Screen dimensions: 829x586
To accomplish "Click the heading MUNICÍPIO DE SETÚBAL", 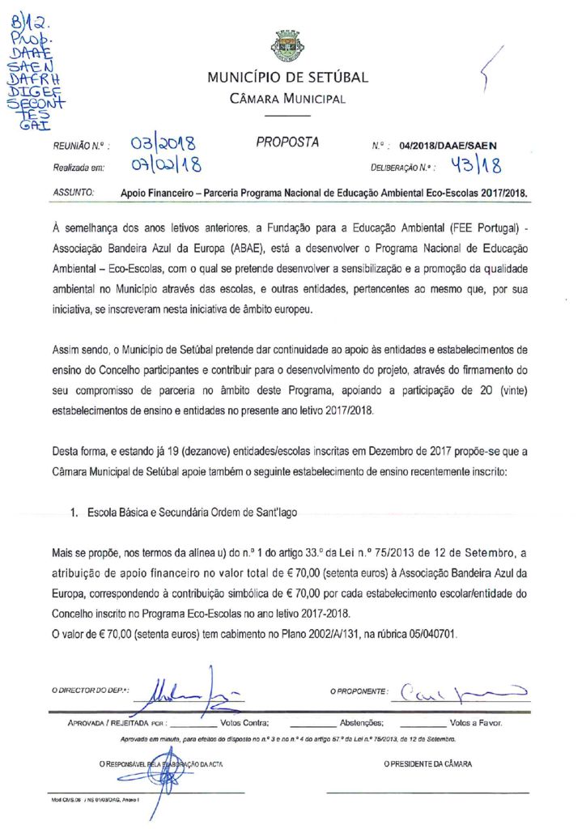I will (287, 79).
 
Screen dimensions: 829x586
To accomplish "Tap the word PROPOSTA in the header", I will (287, 142).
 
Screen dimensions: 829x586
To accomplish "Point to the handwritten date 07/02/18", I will (166, 166).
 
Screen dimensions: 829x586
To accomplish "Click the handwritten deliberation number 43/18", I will (477, 166).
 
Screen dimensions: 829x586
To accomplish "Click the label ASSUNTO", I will (74, 194).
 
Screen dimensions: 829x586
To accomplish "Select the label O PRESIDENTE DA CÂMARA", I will (428, 763).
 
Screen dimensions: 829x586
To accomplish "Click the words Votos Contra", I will (244, 723).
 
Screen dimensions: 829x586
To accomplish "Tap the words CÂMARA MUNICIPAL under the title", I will (287, 100).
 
